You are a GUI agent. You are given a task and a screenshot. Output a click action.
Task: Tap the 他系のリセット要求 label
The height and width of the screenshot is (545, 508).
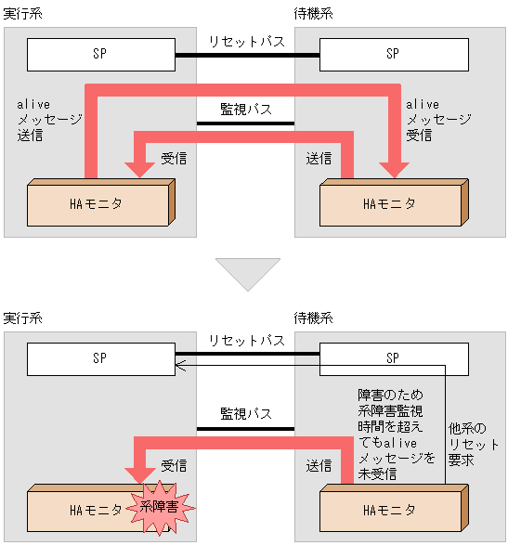tap(466, 444)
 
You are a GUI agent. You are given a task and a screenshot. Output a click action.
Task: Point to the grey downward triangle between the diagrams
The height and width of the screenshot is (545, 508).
tap(247, 273)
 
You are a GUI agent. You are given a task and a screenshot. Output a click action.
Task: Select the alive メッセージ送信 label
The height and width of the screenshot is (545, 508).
tap(48, 120)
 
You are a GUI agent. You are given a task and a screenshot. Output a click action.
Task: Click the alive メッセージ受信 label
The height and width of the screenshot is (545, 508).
tap(437, 120)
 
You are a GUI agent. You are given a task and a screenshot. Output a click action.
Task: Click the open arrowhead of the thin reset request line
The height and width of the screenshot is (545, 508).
tap(180, 365)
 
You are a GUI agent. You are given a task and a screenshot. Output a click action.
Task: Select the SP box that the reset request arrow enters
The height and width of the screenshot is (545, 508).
tap(100, 357)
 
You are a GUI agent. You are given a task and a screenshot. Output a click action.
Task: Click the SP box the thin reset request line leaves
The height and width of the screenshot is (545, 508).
tap(392, 357)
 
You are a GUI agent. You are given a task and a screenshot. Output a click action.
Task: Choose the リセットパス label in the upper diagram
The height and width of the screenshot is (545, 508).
tap(246, 41)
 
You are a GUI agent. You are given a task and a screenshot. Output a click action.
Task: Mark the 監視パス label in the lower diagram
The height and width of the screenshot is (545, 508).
tap(246, 412)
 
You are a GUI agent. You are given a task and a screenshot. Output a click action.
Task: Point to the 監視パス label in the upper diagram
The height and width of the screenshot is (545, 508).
tap(246, 109)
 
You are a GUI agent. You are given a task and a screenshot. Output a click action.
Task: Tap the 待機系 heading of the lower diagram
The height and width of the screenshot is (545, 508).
tap(313, 318)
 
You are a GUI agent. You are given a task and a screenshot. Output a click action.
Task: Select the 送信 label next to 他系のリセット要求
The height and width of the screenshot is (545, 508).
tap(319, 463)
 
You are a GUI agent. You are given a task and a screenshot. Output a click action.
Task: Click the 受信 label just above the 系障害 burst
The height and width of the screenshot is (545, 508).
tap(174, 463)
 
